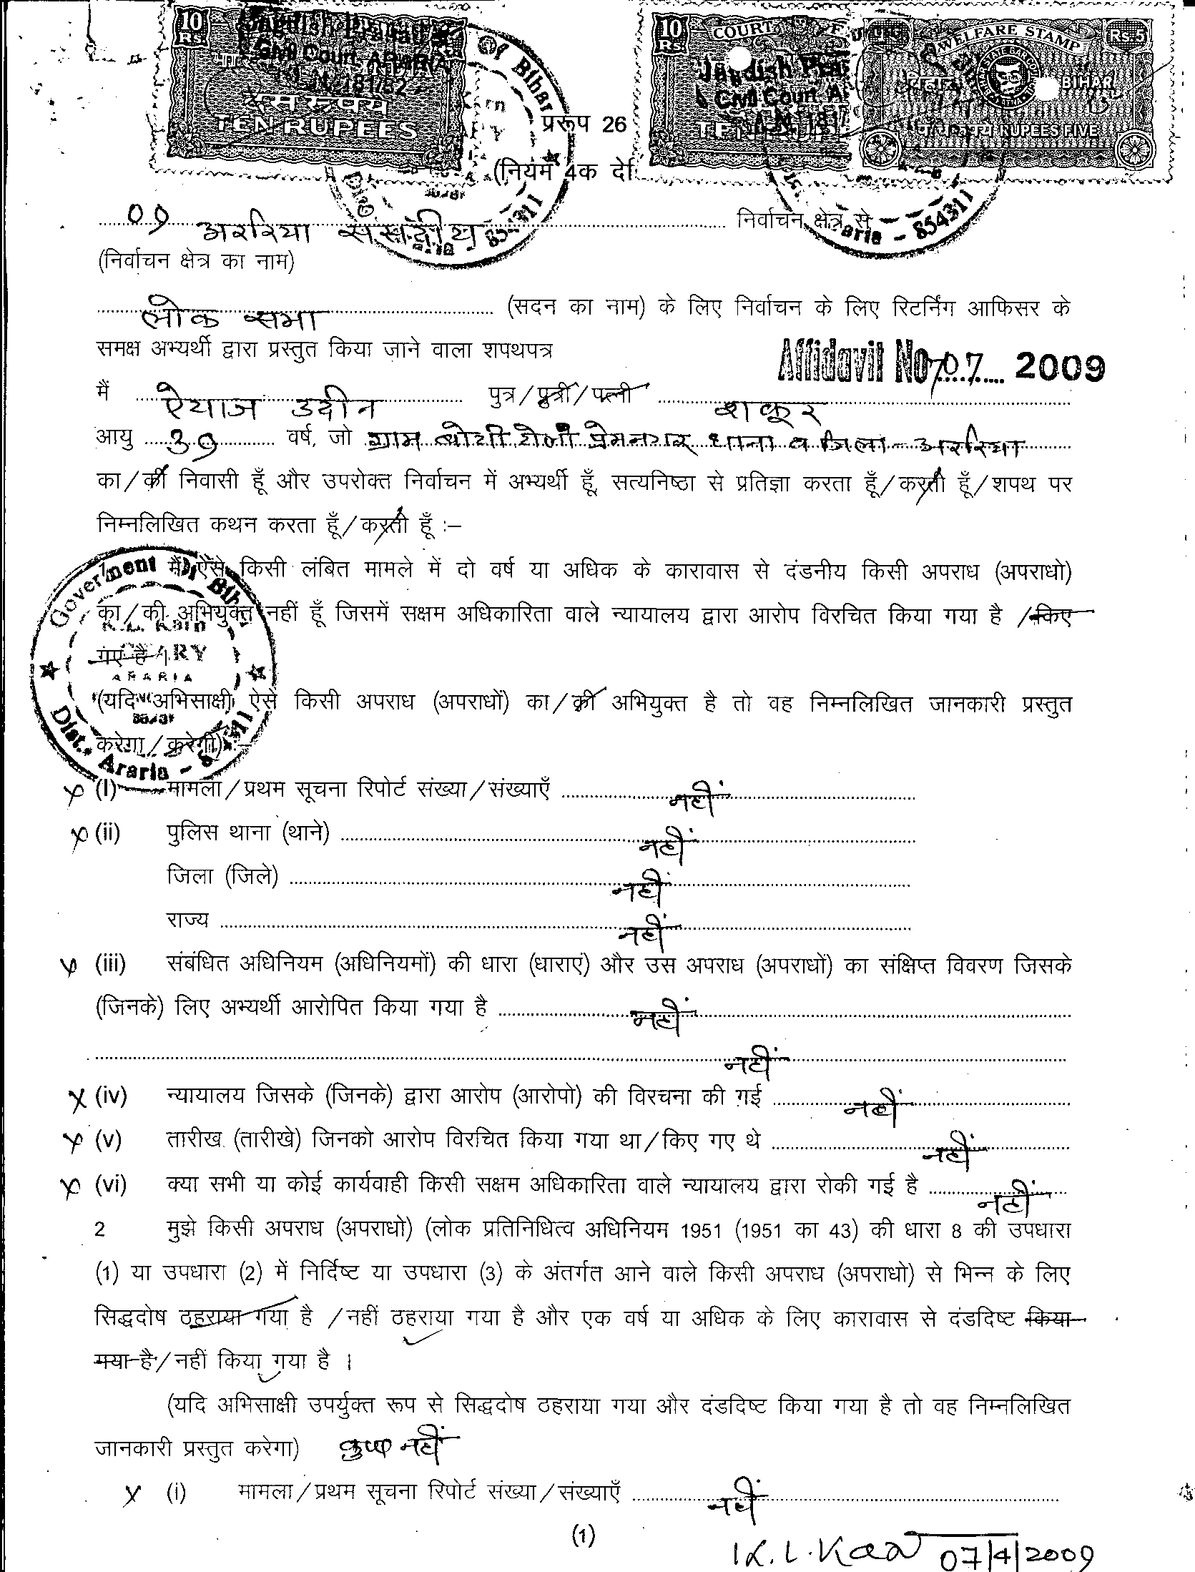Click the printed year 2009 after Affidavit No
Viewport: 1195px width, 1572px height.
pyautogui.click(x=1060, y=367)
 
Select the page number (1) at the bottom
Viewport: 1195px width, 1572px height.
pyautogui.click(x=583, y=1532)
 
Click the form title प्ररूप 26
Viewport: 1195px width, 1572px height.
pyautogui.click(x=584, y=124)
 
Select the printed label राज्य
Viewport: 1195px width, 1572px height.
pyautogui.click(x=187, y=919)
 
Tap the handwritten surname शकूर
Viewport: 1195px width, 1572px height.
pyautogui.click(x=769, y=410)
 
